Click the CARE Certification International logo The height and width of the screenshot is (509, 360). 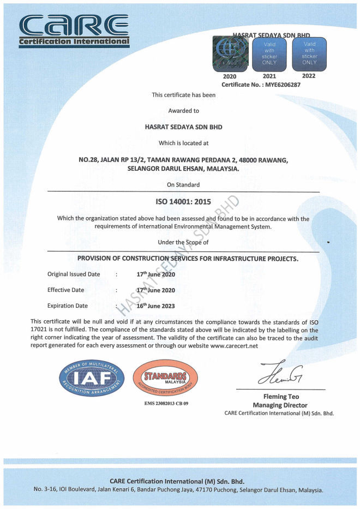click(74, 30)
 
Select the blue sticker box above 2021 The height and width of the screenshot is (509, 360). click(269, 54)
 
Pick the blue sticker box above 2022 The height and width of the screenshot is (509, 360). click(309, 54)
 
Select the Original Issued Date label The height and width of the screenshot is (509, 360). click(74, 274)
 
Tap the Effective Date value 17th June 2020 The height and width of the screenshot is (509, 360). click(155, 290)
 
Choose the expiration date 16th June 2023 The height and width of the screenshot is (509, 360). click(155, 306)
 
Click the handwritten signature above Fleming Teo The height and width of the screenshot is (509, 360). click(280, 374)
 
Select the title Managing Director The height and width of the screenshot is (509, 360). click(280, 405)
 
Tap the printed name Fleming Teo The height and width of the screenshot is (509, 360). click(280, 397)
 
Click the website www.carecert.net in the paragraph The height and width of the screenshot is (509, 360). click(233, 346)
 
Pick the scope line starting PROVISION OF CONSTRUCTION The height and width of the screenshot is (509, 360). click(188, 258)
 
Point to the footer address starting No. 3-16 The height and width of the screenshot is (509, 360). click(178, 489)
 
